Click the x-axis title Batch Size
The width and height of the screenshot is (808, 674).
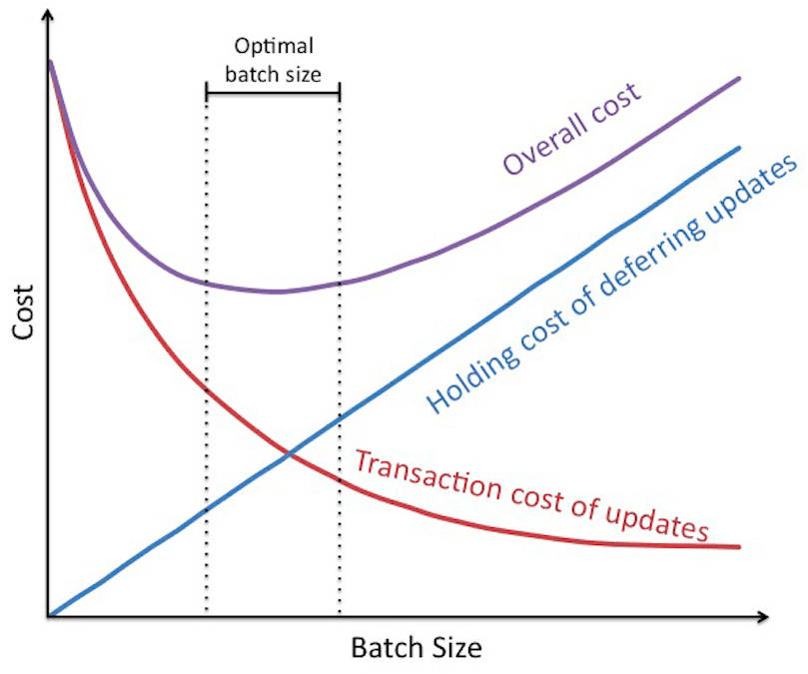[x=415, y=648]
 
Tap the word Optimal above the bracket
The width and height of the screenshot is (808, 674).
[x=273, y=47]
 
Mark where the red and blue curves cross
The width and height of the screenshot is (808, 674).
[x=290, y=455]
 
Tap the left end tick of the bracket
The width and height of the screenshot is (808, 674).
[x=206, y=93]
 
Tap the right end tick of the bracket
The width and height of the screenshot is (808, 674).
[x=340, y=93]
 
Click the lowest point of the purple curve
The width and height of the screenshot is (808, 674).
[x=277, y=292]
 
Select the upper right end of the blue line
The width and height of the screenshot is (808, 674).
[x=739, y=148]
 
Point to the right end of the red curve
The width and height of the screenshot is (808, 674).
[x=739, y=546]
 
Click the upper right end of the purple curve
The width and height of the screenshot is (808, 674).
[x=739, y=78]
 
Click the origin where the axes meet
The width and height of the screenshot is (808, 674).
[x=48, y=615]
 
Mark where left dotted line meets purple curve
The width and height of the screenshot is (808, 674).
[x=206, y=283]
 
